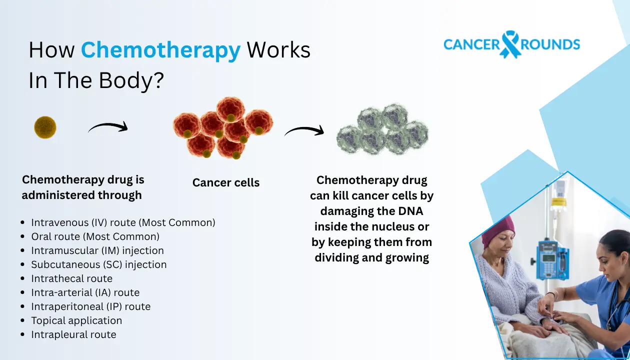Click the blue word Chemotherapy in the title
160,51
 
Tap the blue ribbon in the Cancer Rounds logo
510,44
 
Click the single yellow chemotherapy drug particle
45,127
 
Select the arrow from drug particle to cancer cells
108,128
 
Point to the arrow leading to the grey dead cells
304,131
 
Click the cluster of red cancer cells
223,128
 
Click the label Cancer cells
226,182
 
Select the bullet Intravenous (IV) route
123,222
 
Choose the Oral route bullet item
95,236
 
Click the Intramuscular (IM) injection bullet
97,250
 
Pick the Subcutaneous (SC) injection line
99,264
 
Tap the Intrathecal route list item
72,278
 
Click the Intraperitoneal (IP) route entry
90,306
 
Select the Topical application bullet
76,320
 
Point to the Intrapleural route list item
73,334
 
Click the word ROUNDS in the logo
550,44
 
